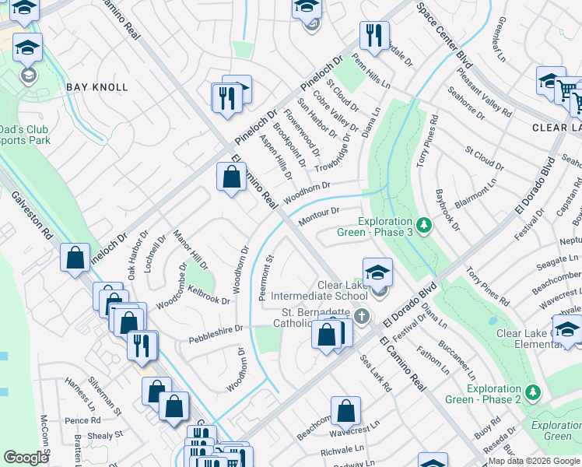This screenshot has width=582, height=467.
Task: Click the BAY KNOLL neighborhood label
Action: point(97,87)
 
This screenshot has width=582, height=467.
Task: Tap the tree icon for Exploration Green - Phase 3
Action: point(423,226)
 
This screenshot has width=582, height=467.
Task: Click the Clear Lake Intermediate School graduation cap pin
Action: point(377,273)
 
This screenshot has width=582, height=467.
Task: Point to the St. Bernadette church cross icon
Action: point(360,316)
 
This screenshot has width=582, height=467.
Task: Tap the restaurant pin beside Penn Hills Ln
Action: point(374,36)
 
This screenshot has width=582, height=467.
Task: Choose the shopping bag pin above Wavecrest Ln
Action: point(345,411)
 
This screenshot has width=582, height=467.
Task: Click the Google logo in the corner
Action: point(26,458)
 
